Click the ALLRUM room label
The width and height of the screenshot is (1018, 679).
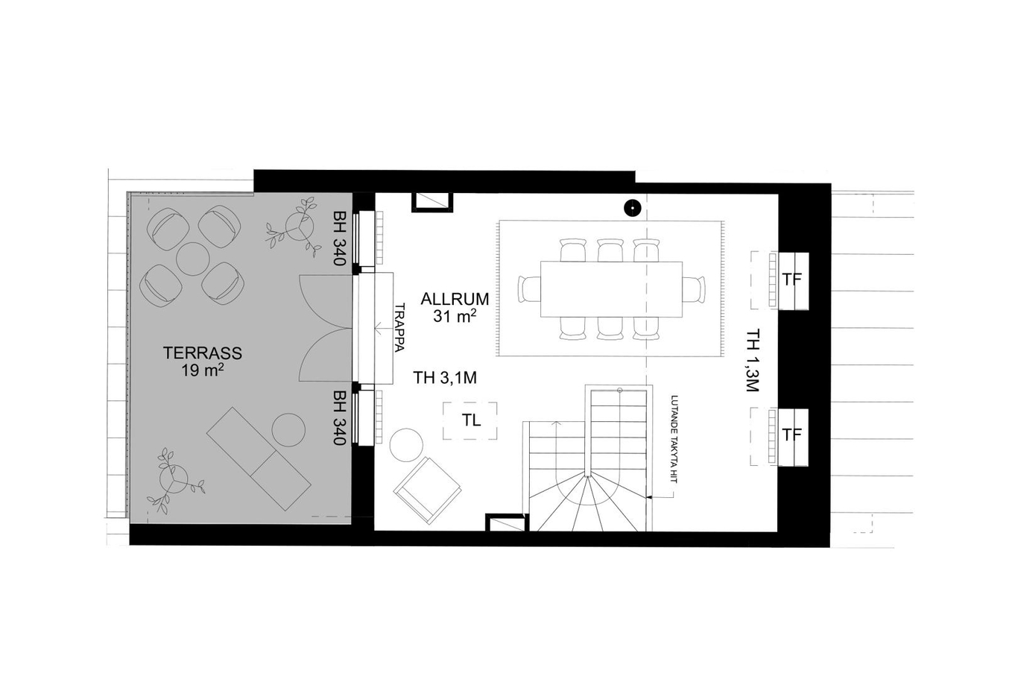pos(455,299)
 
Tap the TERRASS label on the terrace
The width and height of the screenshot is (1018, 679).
pos(202,353)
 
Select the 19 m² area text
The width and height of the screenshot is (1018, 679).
pos(203,370)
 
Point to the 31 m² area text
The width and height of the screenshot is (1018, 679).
pos(455,315)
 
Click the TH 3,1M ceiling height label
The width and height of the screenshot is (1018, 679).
pos(445,377)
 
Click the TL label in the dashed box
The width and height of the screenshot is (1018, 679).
pos(471,420)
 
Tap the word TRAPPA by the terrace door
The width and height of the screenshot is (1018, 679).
pos(399,328)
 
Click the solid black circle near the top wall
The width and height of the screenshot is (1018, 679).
pos(632,208)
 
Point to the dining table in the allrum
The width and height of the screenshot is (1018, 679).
pos(611,289)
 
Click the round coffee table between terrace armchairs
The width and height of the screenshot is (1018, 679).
pos(192,259)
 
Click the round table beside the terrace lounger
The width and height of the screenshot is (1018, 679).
pos(288,429)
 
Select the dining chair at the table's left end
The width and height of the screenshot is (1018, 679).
pos(529,289)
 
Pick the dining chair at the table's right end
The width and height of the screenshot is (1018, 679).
pos(694,289)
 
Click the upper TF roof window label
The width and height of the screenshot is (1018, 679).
pos(791,280)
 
